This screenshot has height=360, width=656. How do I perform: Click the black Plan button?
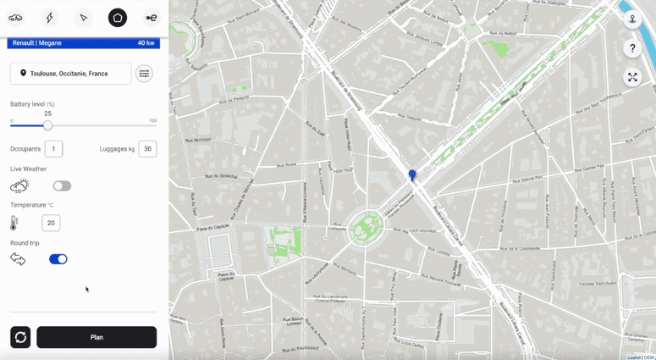96,337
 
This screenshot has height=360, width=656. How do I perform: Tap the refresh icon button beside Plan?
20,337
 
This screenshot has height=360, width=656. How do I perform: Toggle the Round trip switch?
58,259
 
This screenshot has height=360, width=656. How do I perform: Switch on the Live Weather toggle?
62,186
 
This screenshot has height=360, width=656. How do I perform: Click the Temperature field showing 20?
51,224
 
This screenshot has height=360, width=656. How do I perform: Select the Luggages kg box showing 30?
147,149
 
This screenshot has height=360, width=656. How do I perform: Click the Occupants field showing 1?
53,149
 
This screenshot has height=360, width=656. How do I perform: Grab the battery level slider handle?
47,125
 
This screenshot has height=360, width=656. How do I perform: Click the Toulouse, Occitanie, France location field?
71,74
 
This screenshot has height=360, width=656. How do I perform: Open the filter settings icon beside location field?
144,74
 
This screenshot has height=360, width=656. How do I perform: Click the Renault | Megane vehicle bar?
83,43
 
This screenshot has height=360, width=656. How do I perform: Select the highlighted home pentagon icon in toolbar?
118,18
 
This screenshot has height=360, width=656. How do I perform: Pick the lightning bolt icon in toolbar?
49,18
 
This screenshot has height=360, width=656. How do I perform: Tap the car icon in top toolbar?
15,18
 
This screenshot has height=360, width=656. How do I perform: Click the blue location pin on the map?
412,174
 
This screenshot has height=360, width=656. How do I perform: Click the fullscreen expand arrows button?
632,77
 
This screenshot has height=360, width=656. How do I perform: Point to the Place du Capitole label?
226,275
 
